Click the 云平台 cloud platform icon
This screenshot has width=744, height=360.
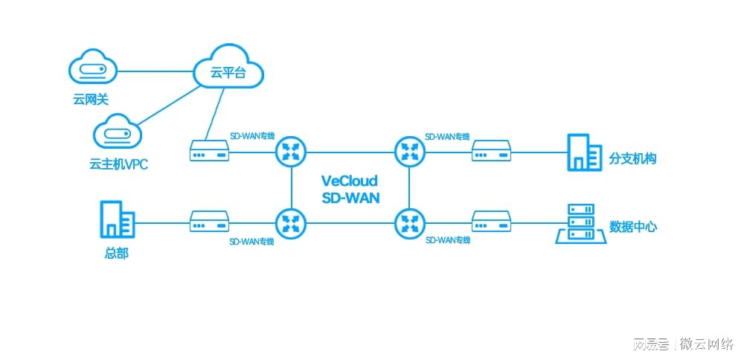[x=228, y=68]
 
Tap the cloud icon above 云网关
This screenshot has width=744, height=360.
[x=92, y=68]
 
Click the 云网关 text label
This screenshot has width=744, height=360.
[x=91, y=100]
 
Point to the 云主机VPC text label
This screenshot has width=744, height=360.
[x=118, y=164]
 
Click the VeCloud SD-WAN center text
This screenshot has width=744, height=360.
[x=350, y=189]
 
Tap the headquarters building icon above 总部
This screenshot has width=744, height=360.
[x=118, y=219]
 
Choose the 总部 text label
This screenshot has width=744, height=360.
[x=116, y=254]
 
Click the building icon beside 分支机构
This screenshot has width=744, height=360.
[x=585, y=152]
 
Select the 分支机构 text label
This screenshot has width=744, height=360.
[x=632, y=159]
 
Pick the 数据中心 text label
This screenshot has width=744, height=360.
[x=633, y=226]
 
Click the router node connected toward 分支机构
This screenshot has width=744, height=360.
[x=410, y=152]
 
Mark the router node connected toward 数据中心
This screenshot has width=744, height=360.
[x=410, y=223]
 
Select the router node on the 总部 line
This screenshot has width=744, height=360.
[x=291, y=223]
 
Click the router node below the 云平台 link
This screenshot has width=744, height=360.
[x=291, y=152]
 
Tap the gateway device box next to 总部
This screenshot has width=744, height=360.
[x=209, y=222]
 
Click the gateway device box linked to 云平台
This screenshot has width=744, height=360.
[x=209, y=150]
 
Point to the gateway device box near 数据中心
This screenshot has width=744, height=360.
[x=491, y=222]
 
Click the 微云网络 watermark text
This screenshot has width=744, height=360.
[x=707, y=344]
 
